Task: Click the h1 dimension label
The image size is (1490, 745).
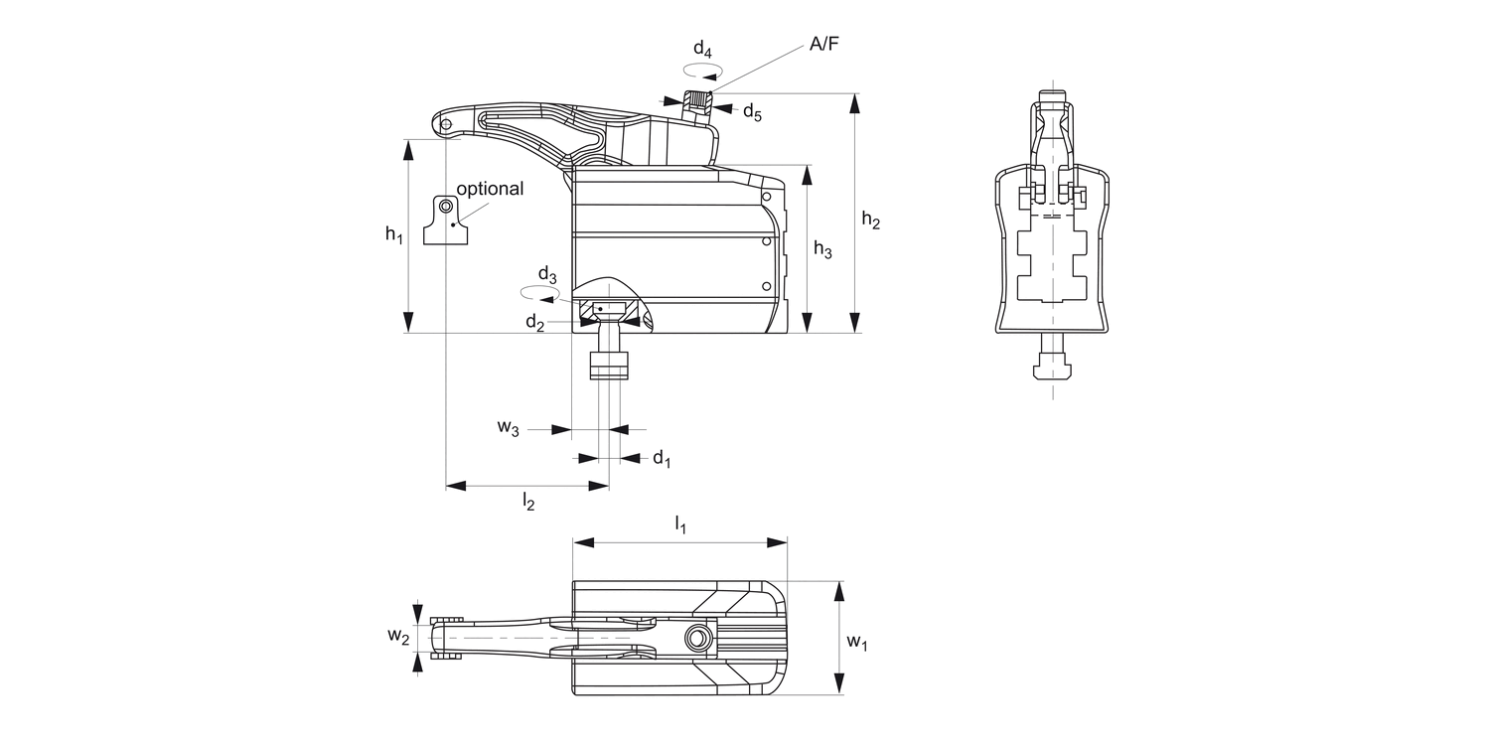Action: (x=395, y=234)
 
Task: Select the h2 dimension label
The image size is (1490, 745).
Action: (x=870, y=221)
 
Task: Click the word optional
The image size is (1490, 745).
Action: (x=489, y=189)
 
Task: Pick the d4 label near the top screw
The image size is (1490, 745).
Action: (x=702, y=48)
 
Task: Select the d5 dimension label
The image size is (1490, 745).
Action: (x=752, y=111)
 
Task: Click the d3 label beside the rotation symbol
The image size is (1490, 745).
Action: (x=547, y=274)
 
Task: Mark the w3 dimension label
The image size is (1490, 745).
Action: (x=508, y=428)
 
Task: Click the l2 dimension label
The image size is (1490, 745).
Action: (x=528, y=503)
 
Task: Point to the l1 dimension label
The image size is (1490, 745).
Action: (x=680, y=523)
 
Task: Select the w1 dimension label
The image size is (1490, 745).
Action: (x=857, y=642)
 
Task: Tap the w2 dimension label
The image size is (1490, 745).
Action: (x=397, y=636)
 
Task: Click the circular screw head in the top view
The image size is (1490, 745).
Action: (x=699, y=637)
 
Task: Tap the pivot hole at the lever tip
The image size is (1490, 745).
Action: (x=447, y=123)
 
